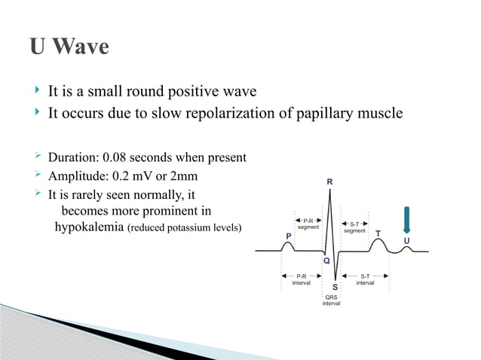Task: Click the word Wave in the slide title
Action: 82,47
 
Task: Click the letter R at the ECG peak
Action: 329,182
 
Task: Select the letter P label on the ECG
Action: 289,236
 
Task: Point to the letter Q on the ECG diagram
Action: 326,261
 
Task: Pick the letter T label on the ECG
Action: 378,233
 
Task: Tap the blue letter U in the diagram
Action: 407,241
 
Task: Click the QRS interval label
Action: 331,300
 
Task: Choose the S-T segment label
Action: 355,227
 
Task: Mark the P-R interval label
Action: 302,279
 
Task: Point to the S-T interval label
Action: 366,279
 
